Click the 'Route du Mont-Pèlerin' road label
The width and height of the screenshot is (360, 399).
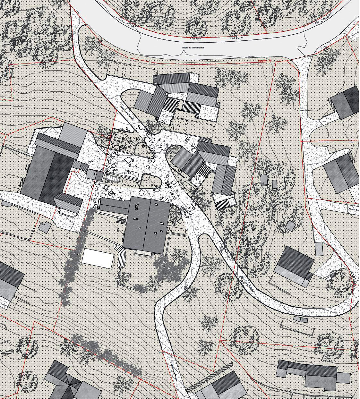[193, 48]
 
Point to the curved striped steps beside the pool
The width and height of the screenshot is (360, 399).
[121, 255]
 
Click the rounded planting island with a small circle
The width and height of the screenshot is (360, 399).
[150, 181]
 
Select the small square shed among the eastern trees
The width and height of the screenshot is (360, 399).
[290, 226]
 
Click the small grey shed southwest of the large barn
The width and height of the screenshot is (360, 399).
[45, 227]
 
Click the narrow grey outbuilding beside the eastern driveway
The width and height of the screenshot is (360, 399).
[319, 249]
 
